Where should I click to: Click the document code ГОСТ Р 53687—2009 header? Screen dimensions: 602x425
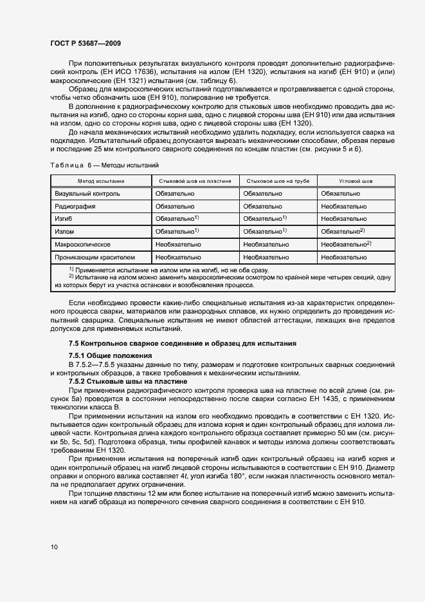coord(86,43)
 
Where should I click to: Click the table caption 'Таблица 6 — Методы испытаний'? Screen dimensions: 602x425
coord(104,165)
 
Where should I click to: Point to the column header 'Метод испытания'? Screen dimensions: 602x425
coord(101,182)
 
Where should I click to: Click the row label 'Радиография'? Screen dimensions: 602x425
coord(75,206)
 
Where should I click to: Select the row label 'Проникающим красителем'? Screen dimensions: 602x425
coord(95,257)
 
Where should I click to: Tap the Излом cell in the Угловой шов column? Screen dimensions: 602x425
coord(343,231)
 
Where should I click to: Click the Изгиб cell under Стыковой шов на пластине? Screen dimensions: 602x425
coord(177,219)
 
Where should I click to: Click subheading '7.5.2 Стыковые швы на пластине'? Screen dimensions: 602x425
coord(127,381)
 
